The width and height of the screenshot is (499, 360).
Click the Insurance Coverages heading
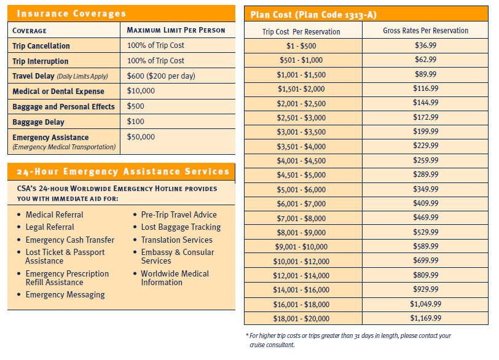pyautogui.click(x=71, y=14)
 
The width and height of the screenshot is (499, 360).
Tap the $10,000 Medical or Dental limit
pyautogui.click(x=141, y=91)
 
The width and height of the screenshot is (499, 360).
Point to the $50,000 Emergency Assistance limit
pyautogui.click(x=141, y=137)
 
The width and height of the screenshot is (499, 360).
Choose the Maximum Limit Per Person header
pyautogui.click(x=176, y=30)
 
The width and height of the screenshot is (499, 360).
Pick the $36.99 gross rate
pyautogui.click(x=425, y=45)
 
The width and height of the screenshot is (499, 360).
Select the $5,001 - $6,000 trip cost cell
pyautogui.click(x=301, y=190)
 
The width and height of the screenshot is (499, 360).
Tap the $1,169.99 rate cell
pyautogui.click(x=425, y=318)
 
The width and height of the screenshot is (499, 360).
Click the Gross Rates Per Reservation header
pyautogui.click(x=425, y=31)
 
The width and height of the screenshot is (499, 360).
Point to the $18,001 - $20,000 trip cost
pyautogui.click(x=301, y=319)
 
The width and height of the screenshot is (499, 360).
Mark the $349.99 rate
pyautogui.click(x=425, y=189)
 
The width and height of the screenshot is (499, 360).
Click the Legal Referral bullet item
pyautogui.click(x=50, y=227)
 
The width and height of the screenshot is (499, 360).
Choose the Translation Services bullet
pyautogui.click(x=176, y=240)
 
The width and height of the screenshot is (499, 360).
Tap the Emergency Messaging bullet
pyautogui.click(x=65, y=295)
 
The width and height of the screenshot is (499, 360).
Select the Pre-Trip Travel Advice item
pyautogui.click(x=179, y=214)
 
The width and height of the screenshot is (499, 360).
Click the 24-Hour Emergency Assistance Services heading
pyautogui.click(x=122, y=171)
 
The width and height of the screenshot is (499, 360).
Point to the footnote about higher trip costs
pyautogui.click(x=348, y=340)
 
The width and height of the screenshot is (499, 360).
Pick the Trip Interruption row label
pyautogui.click(x=41, y=61)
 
